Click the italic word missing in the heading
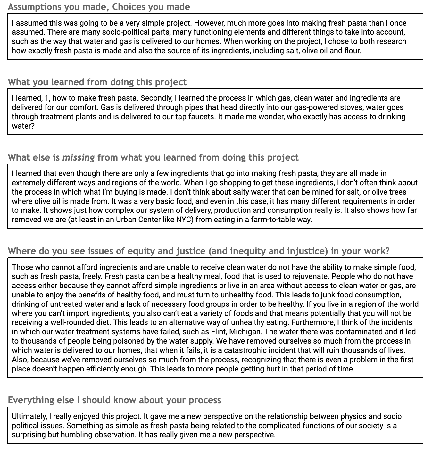point(79,157)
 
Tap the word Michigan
point(245,332)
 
